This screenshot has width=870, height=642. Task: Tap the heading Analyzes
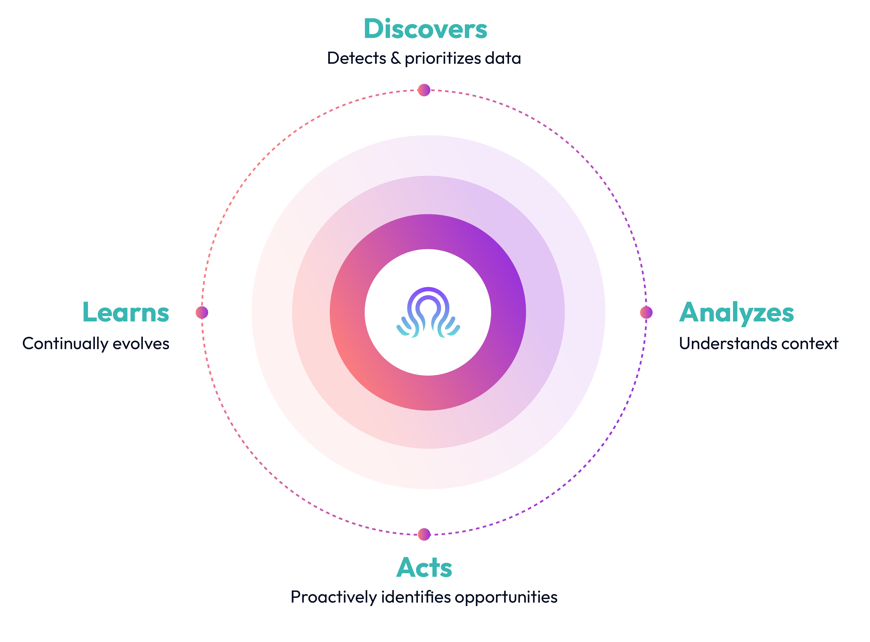[736, 313]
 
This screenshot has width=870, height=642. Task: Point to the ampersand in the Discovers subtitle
[395, 58]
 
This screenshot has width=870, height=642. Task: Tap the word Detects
[356, 58]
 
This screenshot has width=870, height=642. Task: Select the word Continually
[65, 344]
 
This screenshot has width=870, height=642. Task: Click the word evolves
[141, 344]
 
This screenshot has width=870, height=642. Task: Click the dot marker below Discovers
[424, 90]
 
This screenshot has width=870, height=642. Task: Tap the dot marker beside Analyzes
[646, 312]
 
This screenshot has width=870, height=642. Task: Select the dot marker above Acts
[424, 534]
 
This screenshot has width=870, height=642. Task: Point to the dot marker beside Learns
[202, 312]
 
